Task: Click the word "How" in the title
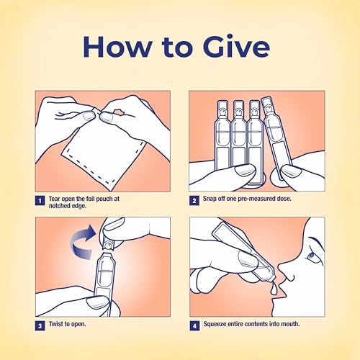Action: pos(117,46)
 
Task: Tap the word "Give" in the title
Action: pos(236,46)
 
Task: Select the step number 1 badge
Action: pos(40,201)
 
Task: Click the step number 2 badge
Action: pos(194,201)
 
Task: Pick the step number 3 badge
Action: pos(40,326)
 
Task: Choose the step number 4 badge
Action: pos(194,326)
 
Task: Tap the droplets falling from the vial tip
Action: pos(272,289)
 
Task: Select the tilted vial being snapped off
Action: pos(276,137)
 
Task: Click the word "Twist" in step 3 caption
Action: pos(55,324)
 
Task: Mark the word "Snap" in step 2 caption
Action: pos(210,199)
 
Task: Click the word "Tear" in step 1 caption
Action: pos(55,199)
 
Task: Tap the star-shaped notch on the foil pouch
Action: pos(118,112)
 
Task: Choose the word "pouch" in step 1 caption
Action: pos(104,199)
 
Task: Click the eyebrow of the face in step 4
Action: pos(315,241)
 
